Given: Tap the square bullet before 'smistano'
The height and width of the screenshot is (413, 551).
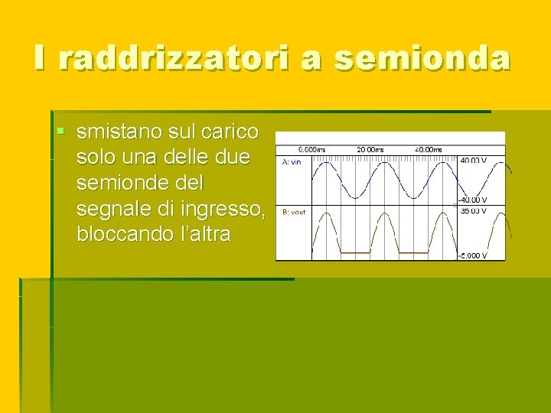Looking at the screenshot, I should point(61,132).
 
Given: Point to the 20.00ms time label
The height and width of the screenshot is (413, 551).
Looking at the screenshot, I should point(370,149).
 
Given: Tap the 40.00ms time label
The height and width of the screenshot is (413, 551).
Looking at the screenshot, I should point(429,149).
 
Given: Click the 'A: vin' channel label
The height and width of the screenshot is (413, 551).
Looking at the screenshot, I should point(292,162).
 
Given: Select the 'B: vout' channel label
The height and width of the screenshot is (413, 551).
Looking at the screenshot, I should point(294,212).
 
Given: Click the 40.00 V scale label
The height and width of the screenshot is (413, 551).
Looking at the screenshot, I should point(473,161).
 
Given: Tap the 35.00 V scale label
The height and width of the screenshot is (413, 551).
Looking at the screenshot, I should point(473,210).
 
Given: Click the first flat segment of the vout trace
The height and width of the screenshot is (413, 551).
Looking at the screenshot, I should point(355,252).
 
